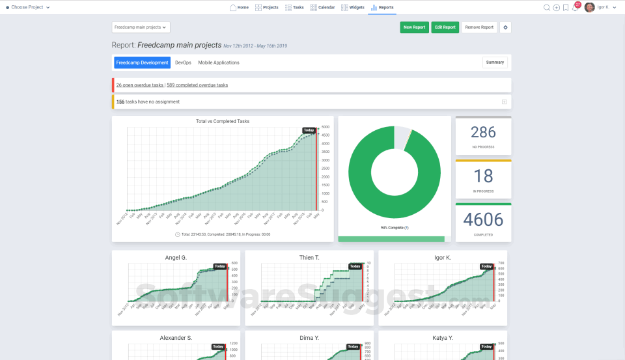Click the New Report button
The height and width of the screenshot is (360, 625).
pos(414,27)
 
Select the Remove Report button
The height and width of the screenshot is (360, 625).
pos(479,27)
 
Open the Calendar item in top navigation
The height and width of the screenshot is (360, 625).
pos(323,7)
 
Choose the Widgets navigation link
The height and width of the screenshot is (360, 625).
pos(352,7)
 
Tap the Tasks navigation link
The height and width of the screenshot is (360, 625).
pos(294,7)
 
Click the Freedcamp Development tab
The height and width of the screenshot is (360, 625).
pos(142,62)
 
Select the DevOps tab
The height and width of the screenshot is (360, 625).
pos(184,62)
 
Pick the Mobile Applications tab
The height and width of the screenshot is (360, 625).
pos(219,62)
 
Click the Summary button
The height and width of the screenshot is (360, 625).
pos(495,62)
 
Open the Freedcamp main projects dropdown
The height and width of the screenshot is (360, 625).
pos(141,27)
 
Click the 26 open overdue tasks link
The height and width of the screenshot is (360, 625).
pos(140,85)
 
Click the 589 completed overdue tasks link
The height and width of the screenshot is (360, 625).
pos(197,85)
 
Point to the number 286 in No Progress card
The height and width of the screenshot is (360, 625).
pos(483,133)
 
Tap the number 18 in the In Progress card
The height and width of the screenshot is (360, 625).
pos(483,176)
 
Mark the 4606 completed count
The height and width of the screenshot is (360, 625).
pos(483,219)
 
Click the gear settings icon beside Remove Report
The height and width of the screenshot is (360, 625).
pos(506,27)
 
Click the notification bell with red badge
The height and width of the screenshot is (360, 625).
pos(575,8)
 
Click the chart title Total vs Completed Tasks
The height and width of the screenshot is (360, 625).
pos(223,121)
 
